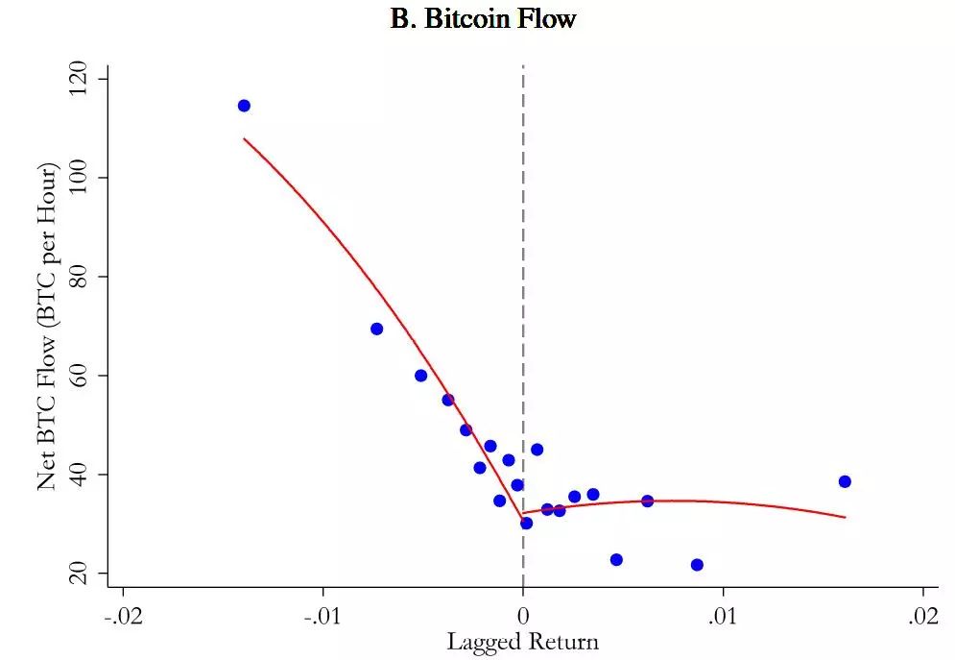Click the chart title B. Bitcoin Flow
pyautogui.click(x=483, y=18)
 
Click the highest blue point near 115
pyautogui.click(x=244, y=106)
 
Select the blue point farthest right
pyautogui.click(x=845, y=481)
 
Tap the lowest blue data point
pyautogui.click(x=697, y=565)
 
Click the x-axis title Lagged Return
pyautogui.click(x=522, y=642)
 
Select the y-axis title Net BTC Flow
pyautogui.click(x=48, y=327)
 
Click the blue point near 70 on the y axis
pyautogui.click(x=376, y=329)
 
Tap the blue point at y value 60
pyautogui.click(x=420, y=376)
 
